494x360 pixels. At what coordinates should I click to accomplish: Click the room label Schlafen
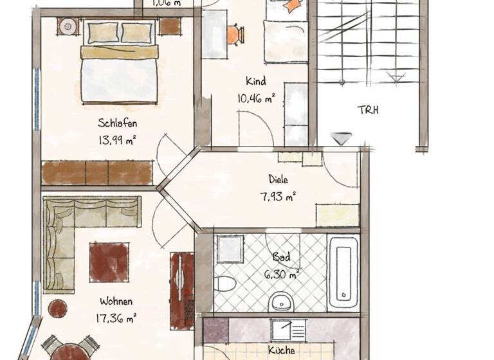coord(118,123)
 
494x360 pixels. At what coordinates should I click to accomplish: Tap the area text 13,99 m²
coord(118,140)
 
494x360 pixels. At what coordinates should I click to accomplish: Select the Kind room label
coord(255,82)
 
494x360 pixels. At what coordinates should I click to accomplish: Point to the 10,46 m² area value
coord(255,98)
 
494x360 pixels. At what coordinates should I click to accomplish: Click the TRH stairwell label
coord(368,110)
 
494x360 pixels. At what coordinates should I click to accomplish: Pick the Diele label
coord(279,181)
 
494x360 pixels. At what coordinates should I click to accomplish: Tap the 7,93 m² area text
coord(279,197)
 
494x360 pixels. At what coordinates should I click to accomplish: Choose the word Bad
coord(281,257)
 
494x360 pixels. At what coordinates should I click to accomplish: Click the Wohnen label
coord(116,301)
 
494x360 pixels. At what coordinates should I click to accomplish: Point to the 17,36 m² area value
coord(116,317)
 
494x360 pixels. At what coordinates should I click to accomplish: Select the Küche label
coord(281,350)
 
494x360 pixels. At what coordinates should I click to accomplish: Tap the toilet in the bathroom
coord(226,283)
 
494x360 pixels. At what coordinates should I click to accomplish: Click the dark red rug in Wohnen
coord(109,262)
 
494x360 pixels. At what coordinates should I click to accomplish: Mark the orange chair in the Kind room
coord(235,34)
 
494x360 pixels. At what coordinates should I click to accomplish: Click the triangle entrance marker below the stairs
coord(342,138)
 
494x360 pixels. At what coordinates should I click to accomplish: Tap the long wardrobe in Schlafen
coord(97,173)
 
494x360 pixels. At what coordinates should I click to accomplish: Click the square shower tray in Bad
coord(229,249)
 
